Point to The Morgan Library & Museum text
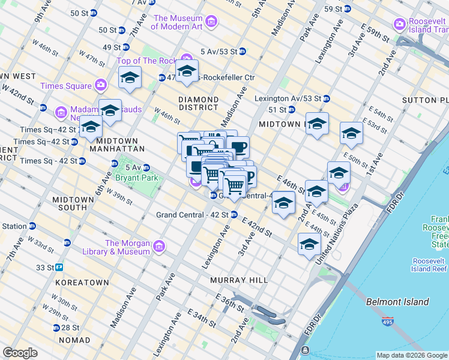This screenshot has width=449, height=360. click(127, 247)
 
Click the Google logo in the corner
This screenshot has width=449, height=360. click(20, 353)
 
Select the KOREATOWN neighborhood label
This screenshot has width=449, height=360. click(82, 282)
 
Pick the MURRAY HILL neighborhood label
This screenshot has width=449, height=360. click(237, 280)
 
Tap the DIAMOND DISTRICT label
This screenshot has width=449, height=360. click(198, 103)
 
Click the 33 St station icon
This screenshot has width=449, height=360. click(59, 267)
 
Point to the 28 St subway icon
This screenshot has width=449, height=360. click(56, 328)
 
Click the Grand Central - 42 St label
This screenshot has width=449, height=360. click(192, 215)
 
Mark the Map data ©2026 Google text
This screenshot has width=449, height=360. click(411, 355)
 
